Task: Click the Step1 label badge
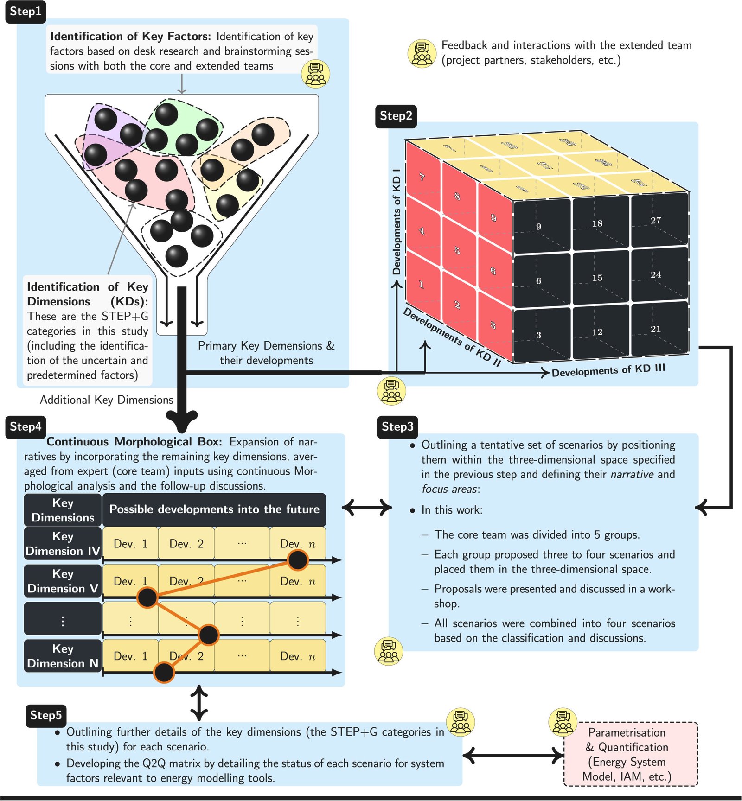pos(26,12)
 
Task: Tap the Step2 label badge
pos(396,116)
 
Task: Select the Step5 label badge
pos(45,715)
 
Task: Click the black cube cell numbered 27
pos(659,220)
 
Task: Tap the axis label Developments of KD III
pos(608,370)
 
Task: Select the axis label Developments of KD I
pos(397,222)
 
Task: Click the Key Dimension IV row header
pos(63,543)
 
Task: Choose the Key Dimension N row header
pos(63,656)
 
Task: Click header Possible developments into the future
pos(214,509)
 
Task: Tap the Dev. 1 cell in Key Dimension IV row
pos(130,544)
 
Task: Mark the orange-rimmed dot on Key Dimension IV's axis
pos(297,560)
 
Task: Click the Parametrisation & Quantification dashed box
pos(630,754)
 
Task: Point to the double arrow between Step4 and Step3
pos(366,507)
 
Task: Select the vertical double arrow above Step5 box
pos(199,703)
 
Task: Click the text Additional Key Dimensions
pos(107,400)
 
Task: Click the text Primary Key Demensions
pos(266,346)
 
